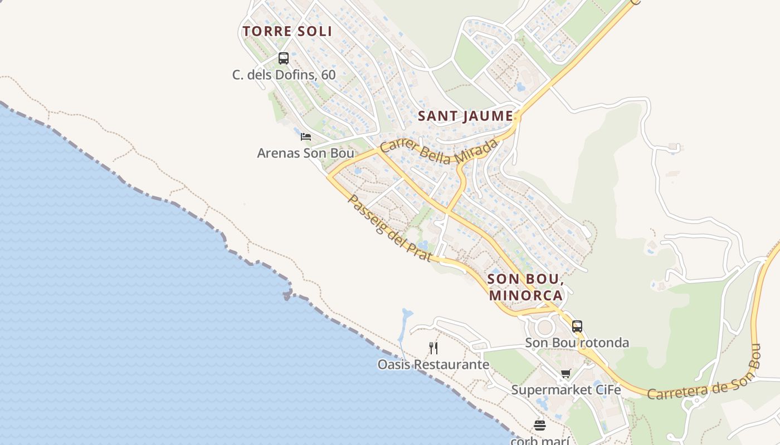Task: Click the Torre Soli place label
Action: pyautogui.click(x=287, y=31)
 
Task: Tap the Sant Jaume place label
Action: pyautogui.click(x=465, y=116)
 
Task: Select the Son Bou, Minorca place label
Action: pyautogui.click(x=525, y=286)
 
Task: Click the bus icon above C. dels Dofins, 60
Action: pyautogui.click(x=283, y=58)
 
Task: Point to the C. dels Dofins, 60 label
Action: pyautogui.click(x=284, y=74)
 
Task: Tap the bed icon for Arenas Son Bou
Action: pyautogui.click(x=305, y=136)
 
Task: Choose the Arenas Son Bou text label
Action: pyautogui.click(x=305, y=152)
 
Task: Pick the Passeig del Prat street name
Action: pyautogui.click(x=389, y=228)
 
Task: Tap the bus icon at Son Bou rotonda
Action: pyautogui.click(x=577, y=327)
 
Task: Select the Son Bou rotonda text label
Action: pyautogui.click(x=577, y=343)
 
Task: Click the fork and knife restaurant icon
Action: pyautogui.click(x=433, y=348)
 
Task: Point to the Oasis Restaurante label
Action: pyautogui.click(x=433, y=365)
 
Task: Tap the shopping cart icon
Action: pyautogui.click(x=566, y=373)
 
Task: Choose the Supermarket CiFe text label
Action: pyautogui.click(x=566, y=390)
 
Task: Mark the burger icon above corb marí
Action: pyautogui.click(x=539, y=426)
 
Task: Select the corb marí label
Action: pyautogui.click(x=539, y=441)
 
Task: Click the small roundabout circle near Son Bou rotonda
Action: pyautogui.click(x=544, y=327)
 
